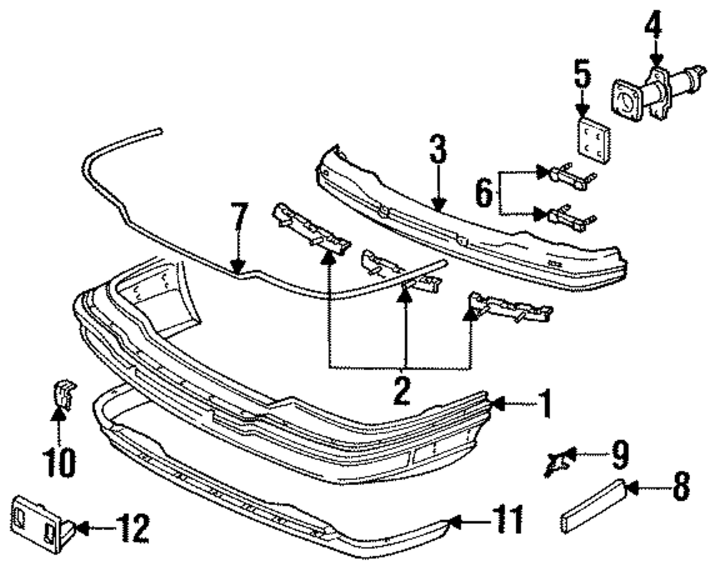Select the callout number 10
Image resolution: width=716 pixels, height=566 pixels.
click(60, 462)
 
